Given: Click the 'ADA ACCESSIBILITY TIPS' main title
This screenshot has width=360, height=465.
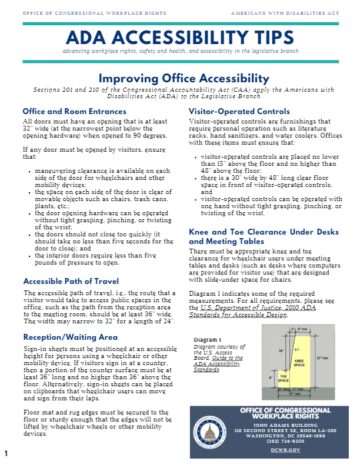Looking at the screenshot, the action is tap(180, 30).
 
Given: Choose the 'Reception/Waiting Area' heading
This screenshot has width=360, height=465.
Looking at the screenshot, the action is tap(70, 328).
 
